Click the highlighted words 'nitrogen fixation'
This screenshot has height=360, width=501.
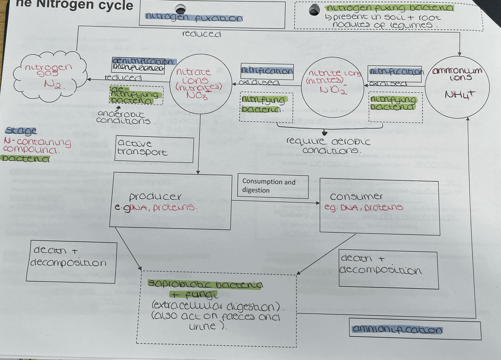pyautogui.click(x=194, y=17)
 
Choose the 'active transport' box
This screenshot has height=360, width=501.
pyautogui.click(x=154, y=149)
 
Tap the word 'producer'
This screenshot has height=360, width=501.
pyautogui.click(x=155, y=196)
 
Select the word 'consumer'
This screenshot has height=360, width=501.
pyautogui.click(x=356, y=196)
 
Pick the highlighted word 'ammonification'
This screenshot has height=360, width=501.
pyautogui.click(x=397, y=329)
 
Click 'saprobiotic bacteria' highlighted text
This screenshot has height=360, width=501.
pyautogui.click(x=205, y=284)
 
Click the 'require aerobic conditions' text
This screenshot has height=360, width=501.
pyautogui.click(x=329, y=146)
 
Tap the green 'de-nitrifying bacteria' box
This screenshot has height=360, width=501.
pyautogui.click(x=136, y=95)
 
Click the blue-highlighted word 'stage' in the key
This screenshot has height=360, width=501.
pyautogui.click(x=21, y=131)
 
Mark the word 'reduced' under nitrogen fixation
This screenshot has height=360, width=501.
pyautogui.click(x=201, y=34)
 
